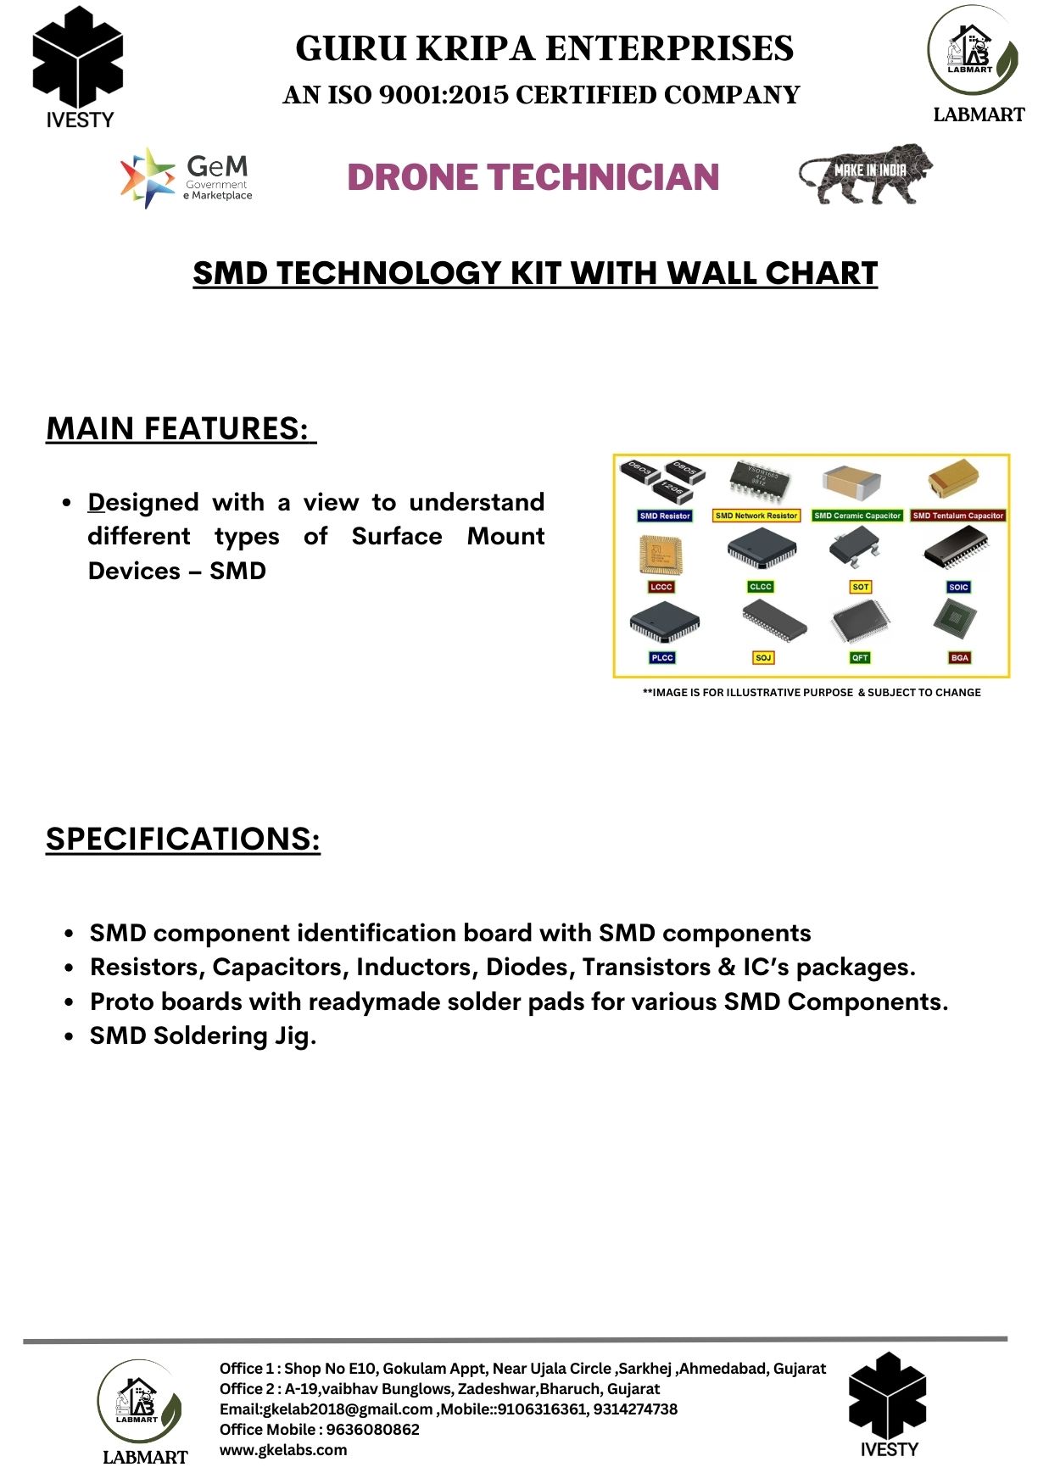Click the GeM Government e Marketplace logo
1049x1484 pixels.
coord(187,178)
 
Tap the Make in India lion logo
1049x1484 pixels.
coord(865,173)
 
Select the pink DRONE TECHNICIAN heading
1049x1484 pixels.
coord(533,177)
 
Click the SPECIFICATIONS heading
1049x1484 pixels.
coord(183,840)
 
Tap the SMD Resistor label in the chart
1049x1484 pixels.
coord(665,516)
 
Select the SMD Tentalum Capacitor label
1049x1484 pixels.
coord(957,516)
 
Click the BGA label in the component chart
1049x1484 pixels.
coord(959,658)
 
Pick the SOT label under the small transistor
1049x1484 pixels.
coord(861,587)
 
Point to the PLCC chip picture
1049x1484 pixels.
coord(664,623)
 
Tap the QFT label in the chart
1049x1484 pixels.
coord(860,658)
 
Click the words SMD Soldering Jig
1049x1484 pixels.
coord(203,1036)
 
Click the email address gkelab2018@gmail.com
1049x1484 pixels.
coord(348,1409)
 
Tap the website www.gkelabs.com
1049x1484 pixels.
coord(283,1450)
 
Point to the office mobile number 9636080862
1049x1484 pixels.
coord(373,1430)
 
